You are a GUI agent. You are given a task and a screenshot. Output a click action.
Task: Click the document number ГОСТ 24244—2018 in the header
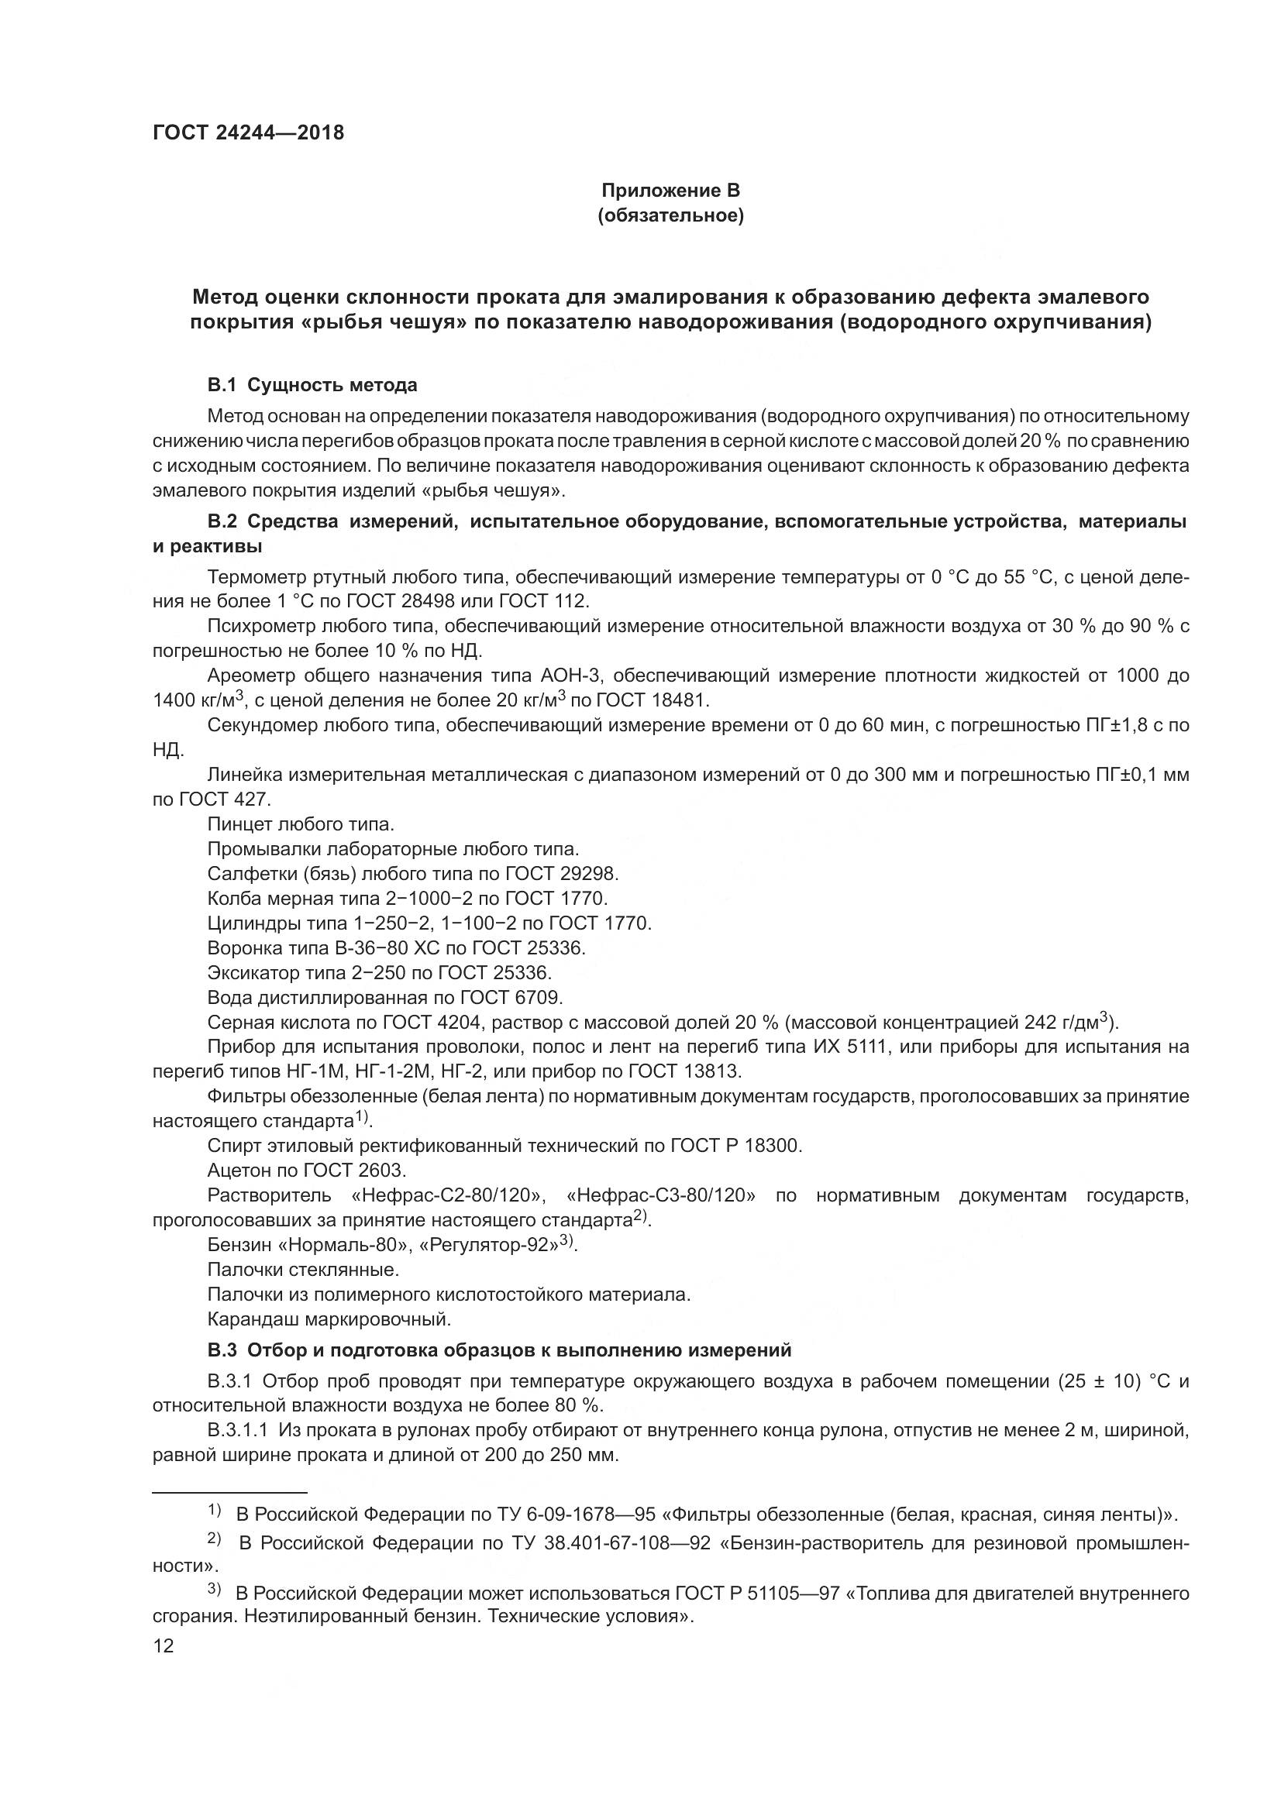pyautogui.click(x=249, y=132)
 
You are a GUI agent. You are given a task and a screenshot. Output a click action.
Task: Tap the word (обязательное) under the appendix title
pyautogui.click(x=671, y=215)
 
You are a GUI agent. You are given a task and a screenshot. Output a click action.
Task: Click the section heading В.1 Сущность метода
pyautogui.click(x=312, y=385)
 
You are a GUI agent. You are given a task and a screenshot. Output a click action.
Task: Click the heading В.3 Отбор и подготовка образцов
pyautogui.click(x=499, y=1350)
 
